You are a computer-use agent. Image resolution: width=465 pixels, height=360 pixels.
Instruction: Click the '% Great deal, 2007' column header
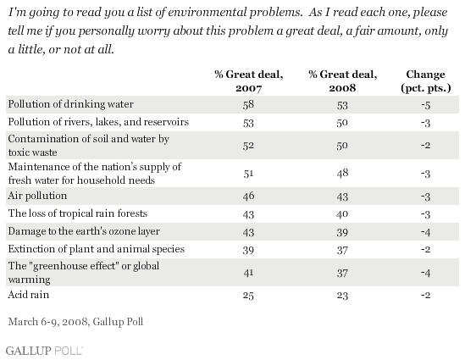tap(248, 81)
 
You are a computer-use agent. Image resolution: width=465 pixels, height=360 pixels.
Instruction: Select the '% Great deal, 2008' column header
tap(342, 81)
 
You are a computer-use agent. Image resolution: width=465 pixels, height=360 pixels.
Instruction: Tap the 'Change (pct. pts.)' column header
tap(425, 81)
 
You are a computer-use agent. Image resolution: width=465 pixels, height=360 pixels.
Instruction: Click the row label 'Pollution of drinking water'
tap(70, 104)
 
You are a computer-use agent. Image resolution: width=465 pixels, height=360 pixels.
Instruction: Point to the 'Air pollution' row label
tap(37, 196)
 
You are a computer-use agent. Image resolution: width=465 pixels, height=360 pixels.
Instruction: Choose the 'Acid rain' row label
tap(29, 295)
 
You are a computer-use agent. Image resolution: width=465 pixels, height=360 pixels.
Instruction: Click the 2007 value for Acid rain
tap(248, 296)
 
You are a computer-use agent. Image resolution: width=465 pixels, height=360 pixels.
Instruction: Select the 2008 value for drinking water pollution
tap(342, 105)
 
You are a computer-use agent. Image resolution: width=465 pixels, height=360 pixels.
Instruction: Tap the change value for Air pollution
tap(425, 197)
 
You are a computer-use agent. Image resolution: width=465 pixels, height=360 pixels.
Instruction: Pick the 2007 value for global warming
tap(248, 272)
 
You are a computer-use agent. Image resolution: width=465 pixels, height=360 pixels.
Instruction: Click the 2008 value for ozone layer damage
tap(342, 232)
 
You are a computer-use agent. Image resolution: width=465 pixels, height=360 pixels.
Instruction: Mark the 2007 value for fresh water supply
tap(248, 173)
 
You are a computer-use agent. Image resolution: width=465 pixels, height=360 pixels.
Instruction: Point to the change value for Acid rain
tap(425, 296)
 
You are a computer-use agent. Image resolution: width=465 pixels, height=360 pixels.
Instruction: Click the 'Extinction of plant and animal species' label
tap(96, 249)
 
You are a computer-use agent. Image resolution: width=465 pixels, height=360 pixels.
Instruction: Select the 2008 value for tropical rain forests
tap(342, 214)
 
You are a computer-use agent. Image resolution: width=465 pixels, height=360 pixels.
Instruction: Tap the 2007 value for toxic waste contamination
tap(248, 146)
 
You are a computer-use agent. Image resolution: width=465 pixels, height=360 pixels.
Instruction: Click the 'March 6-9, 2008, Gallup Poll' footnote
tap(75, 322)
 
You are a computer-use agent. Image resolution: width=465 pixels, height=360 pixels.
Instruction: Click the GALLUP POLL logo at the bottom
tap(44, 351)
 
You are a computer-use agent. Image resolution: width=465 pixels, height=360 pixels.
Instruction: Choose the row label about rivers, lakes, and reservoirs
tap(98, 122)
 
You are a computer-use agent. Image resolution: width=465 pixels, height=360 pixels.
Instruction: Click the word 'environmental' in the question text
tap(207, 13)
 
